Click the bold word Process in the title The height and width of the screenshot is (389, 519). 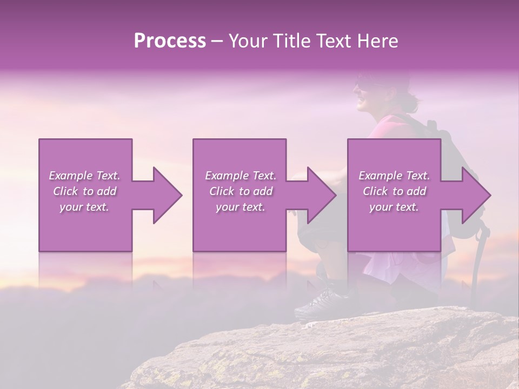[170, 41]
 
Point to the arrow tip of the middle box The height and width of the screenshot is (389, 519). [335, 195]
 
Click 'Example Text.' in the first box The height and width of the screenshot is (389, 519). [84, 176]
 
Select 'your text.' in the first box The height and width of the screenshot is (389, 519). [84, 207]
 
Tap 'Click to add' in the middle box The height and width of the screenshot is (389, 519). [241, 191]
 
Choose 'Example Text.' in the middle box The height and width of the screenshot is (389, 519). [241, 176]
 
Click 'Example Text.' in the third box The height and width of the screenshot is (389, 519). [394, 176]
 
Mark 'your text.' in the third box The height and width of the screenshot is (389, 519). [394, 207]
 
